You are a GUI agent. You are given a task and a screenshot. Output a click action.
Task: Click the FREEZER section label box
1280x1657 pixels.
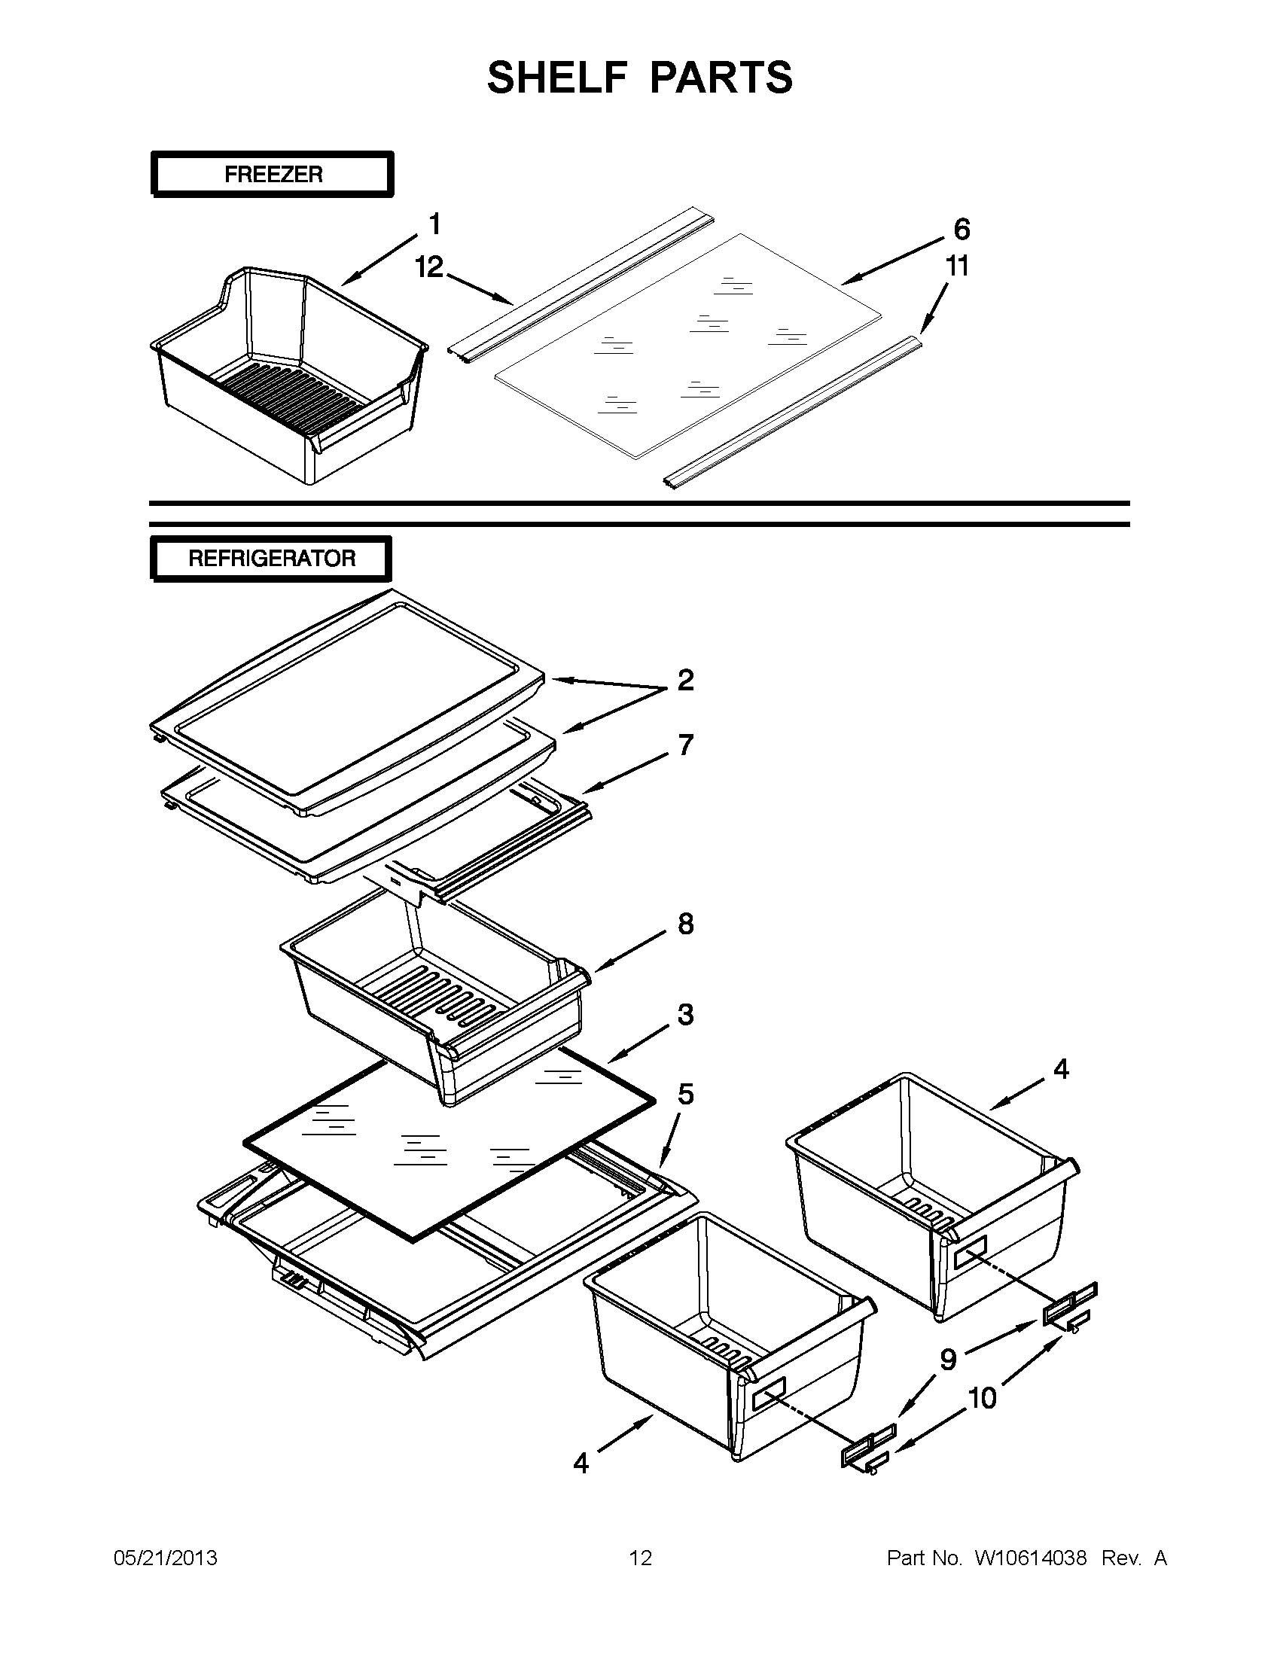pos(273,175)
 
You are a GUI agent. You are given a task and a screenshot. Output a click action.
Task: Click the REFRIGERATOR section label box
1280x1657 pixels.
pos(271,559)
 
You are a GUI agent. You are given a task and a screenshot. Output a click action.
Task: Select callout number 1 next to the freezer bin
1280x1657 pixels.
pos(434,224)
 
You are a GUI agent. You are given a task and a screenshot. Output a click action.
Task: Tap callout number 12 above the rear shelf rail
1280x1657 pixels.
pos(429,267)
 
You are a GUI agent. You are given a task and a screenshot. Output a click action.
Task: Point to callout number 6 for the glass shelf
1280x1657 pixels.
pos(962,228)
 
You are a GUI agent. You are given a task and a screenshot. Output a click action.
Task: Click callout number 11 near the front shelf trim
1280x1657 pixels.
pos(957,267)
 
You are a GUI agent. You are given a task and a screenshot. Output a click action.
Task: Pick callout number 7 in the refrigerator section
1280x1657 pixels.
pos(685,745)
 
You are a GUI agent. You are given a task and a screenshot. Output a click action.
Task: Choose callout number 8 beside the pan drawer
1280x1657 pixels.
pos(685,924)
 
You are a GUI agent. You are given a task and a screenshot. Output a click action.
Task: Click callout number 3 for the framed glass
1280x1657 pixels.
pos(685,1014)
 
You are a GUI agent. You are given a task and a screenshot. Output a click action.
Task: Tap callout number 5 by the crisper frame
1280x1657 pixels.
pos(685,1094)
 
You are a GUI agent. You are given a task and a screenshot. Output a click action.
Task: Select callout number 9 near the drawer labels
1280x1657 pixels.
pos(949,1360)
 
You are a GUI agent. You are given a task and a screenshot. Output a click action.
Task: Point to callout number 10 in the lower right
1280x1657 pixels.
pos(983,1397)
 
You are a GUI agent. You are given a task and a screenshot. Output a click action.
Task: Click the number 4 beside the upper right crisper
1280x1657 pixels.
pos(1061,1069)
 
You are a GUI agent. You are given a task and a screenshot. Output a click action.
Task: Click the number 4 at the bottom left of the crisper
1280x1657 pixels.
pos(581,1463)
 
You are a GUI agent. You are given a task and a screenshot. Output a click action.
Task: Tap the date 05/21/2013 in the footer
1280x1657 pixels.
pos(166,1558)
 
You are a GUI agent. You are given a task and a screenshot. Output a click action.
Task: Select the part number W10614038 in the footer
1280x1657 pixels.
pos(1030,1558)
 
